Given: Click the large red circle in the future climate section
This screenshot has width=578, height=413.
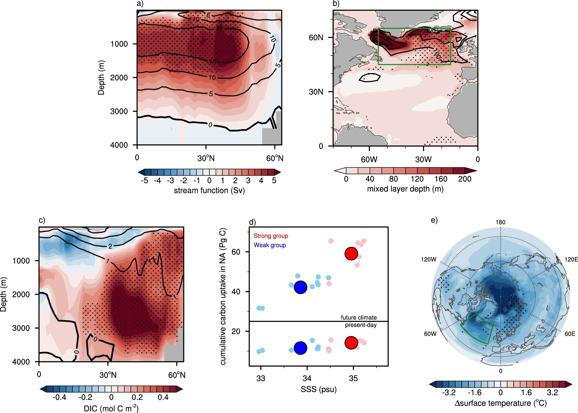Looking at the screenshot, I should (x=351, y=253).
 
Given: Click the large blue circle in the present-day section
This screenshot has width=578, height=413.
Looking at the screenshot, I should (x=301, y=348).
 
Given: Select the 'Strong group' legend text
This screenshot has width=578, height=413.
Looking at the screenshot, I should (x=271, y=236).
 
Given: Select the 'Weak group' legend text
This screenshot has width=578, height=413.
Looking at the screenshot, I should (x=270, y=245).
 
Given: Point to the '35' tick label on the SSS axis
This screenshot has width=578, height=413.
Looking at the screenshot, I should (x=353, y=378).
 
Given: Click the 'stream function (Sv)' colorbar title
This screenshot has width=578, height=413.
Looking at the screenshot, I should (x=209, y=191).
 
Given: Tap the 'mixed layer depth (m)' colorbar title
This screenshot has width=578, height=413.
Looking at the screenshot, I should (x=405, y=189).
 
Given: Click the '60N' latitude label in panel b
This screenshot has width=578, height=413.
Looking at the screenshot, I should (x=316, y=38).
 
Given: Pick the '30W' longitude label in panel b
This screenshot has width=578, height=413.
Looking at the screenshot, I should (x=423, y=159).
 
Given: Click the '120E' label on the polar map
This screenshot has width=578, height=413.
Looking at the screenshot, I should (x=571, y=259).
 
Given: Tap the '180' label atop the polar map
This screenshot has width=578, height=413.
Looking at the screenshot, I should (x=500, y=222).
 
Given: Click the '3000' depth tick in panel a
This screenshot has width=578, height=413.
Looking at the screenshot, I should (x=119, y=111).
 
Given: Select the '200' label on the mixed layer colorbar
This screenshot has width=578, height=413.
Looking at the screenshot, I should (x=465, y=179).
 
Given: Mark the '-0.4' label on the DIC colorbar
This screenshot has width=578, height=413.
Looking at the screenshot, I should (x=59, y=397).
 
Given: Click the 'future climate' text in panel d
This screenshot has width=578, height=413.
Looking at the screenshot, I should (x=359, y=317).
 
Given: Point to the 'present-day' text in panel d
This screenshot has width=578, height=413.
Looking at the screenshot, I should (x=361, y=325).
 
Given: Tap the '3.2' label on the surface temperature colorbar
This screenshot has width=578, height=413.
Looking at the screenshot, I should (x=552, y=392).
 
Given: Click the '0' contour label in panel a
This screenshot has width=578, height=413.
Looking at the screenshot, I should (x=210, y=125).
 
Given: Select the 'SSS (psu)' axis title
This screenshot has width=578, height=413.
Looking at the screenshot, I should (x=318, y=390).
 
